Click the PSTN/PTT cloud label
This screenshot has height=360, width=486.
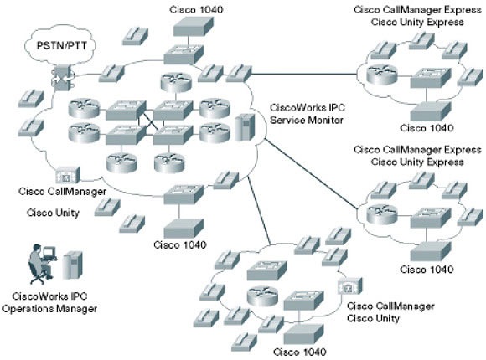(62, 45)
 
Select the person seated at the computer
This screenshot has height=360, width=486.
(39, 264)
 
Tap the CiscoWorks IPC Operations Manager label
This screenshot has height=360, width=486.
(49, 302)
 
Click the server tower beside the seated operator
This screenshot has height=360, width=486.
(73, 265)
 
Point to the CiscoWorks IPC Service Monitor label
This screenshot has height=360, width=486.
(307, 114)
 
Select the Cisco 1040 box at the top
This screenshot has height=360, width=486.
(193, 26)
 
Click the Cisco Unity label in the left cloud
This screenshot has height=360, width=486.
(53, 213)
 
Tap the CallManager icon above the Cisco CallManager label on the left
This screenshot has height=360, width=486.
(68, 175)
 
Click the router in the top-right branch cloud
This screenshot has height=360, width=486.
(381, 75)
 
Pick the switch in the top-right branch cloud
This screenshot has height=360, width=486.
(431, 78)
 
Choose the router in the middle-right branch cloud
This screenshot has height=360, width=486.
(381, 214)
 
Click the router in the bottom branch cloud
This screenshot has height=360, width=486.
(262, 296)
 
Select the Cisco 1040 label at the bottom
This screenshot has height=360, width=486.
(300, 352)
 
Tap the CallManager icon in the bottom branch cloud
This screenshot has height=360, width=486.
(350, 285)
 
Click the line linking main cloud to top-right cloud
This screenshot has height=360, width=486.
(304, 74)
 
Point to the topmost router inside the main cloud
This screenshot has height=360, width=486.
(176, 82)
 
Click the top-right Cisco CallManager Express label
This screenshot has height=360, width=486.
(417, 9)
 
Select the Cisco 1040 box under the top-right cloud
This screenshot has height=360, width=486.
(431, 111)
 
